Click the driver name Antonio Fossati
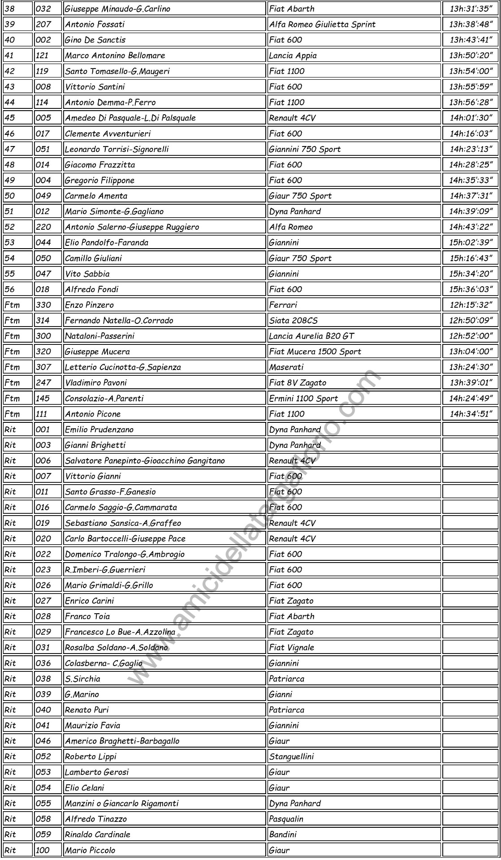coord(95,24)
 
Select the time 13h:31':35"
coord(471,9)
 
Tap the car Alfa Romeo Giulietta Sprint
coord(322,24)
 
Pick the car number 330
coord(43,305)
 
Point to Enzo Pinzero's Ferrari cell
coord(283,305)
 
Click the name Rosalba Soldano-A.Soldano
coord(116,647)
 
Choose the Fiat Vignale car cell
coord(291,647)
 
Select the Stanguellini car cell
coord(291,757)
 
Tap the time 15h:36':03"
coord(471,289)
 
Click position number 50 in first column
coord(9,196)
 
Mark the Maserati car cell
coord(286,367)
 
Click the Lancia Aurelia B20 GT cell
coord(311,336)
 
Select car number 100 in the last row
coord(43,850)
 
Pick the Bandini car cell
coord(283,834)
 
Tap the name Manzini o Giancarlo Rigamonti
coord(121,803)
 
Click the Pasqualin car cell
coord(286,819)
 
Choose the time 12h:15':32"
coord(471,305)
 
